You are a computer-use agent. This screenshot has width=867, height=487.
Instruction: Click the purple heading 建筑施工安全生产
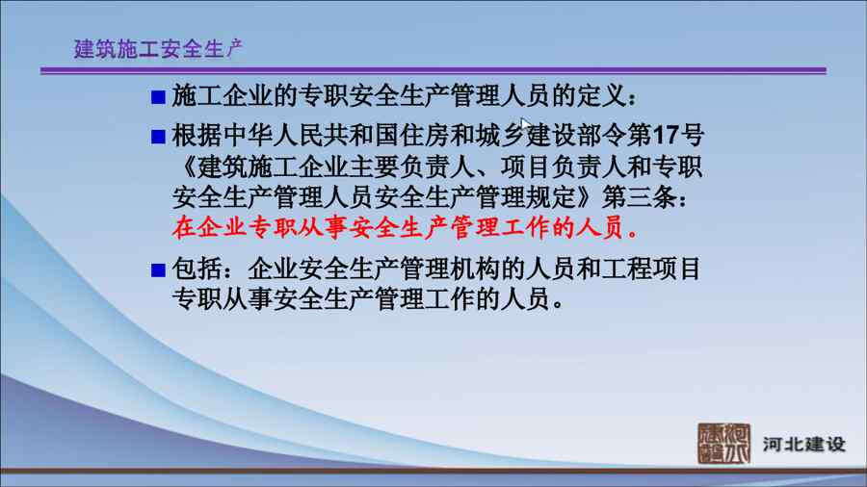coord(158,49)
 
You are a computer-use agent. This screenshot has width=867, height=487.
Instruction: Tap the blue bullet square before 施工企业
coord(158,97)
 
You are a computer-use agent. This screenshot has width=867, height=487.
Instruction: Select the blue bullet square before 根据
coord(158,137)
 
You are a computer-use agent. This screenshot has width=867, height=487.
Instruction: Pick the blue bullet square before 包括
coord(158,270)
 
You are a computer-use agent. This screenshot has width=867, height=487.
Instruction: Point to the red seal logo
coord(723,444)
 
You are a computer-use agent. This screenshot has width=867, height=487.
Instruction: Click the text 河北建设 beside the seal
coord(804,444)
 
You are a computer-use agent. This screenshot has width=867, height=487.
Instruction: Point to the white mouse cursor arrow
coord(525,125)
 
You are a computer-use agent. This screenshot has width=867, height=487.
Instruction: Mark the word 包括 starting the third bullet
coord(197,269)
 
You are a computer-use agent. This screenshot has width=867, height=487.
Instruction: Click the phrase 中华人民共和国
coord(286,136)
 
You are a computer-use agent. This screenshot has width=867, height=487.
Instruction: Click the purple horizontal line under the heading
coord(433,70)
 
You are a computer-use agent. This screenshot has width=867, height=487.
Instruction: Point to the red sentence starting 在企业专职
coord(406,227)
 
